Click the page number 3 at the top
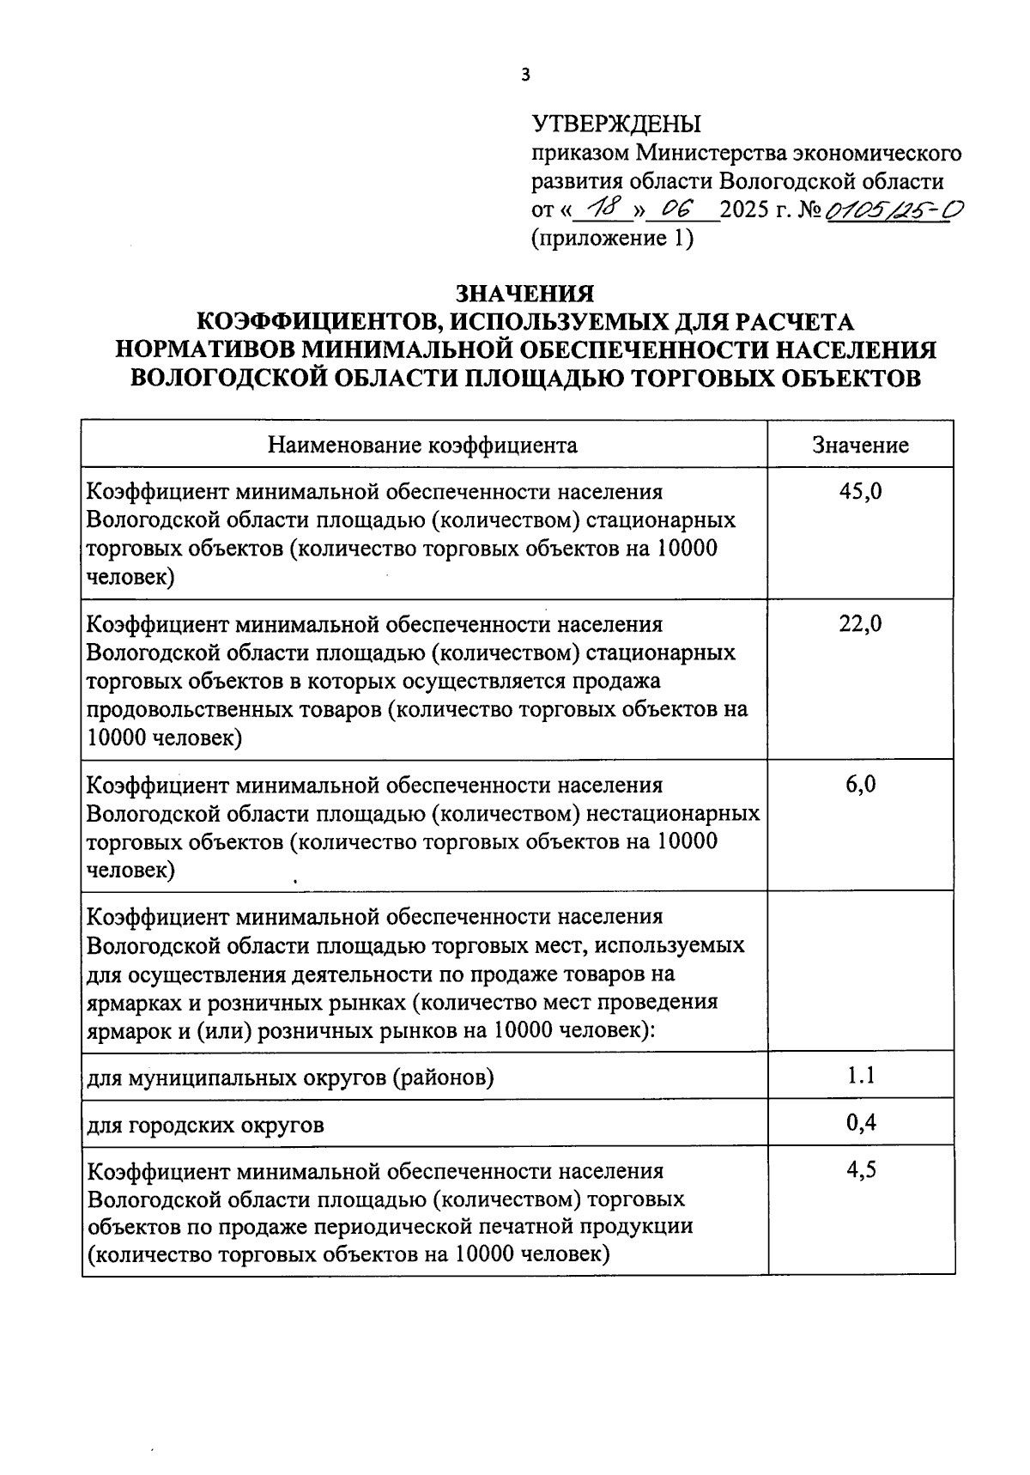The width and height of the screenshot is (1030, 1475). (526, 76)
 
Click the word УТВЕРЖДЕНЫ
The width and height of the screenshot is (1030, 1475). (616, 124)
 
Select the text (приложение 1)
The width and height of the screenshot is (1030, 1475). (612, 238)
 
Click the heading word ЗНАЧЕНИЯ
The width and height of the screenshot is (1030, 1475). (524, 294)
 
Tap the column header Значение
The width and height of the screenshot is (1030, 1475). (860, 445)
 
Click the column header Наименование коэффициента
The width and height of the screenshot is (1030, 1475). (423, 445)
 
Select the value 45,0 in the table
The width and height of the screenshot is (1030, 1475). (860, 492)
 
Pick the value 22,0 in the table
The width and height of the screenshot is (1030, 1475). (860, 624)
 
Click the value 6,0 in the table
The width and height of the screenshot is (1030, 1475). (860, 784)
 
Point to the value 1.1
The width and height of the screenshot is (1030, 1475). (860, 1074)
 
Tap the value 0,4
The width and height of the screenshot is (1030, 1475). (860, 1122)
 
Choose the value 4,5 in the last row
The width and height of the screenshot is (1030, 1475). (860, 1169)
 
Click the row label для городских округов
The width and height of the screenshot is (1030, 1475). (206, 1124)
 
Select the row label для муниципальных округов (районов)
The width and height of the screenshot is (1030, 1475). (290, 1077)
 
